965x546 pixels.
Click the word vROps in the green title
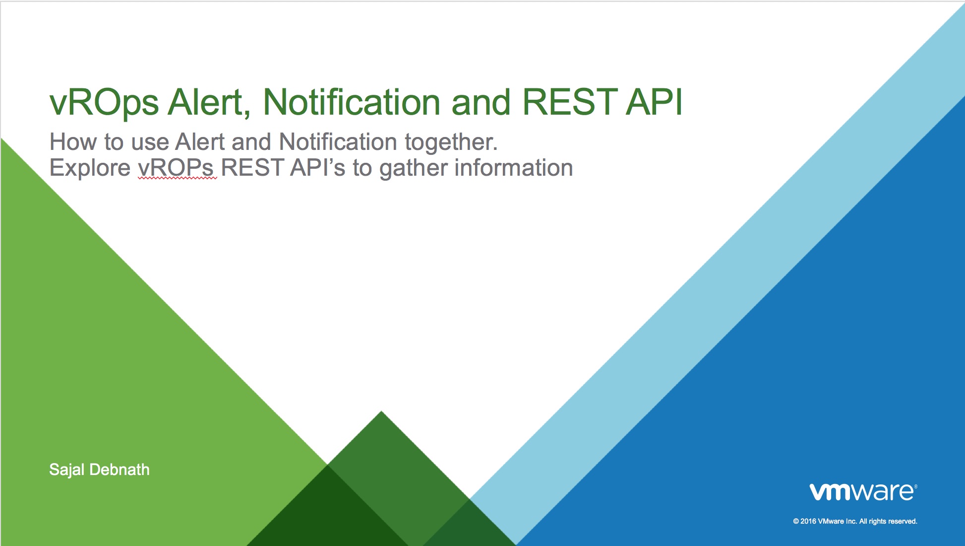pos(104,103)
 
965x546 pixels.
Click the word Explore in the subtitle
pos(90,168)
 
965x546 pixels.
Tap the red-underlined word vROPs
pos(176,168)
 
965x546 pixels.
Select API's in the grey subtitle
pos(317,168)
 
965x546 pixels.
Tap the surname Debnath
pos(120,470)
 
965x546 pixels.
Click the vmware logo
pos(863,491)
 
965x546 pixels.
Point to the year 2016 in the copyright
pos(808,521)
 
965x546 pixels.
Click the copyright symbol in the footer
pos(796,521)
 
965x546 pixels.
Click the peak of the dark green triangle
pos(381,411)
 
